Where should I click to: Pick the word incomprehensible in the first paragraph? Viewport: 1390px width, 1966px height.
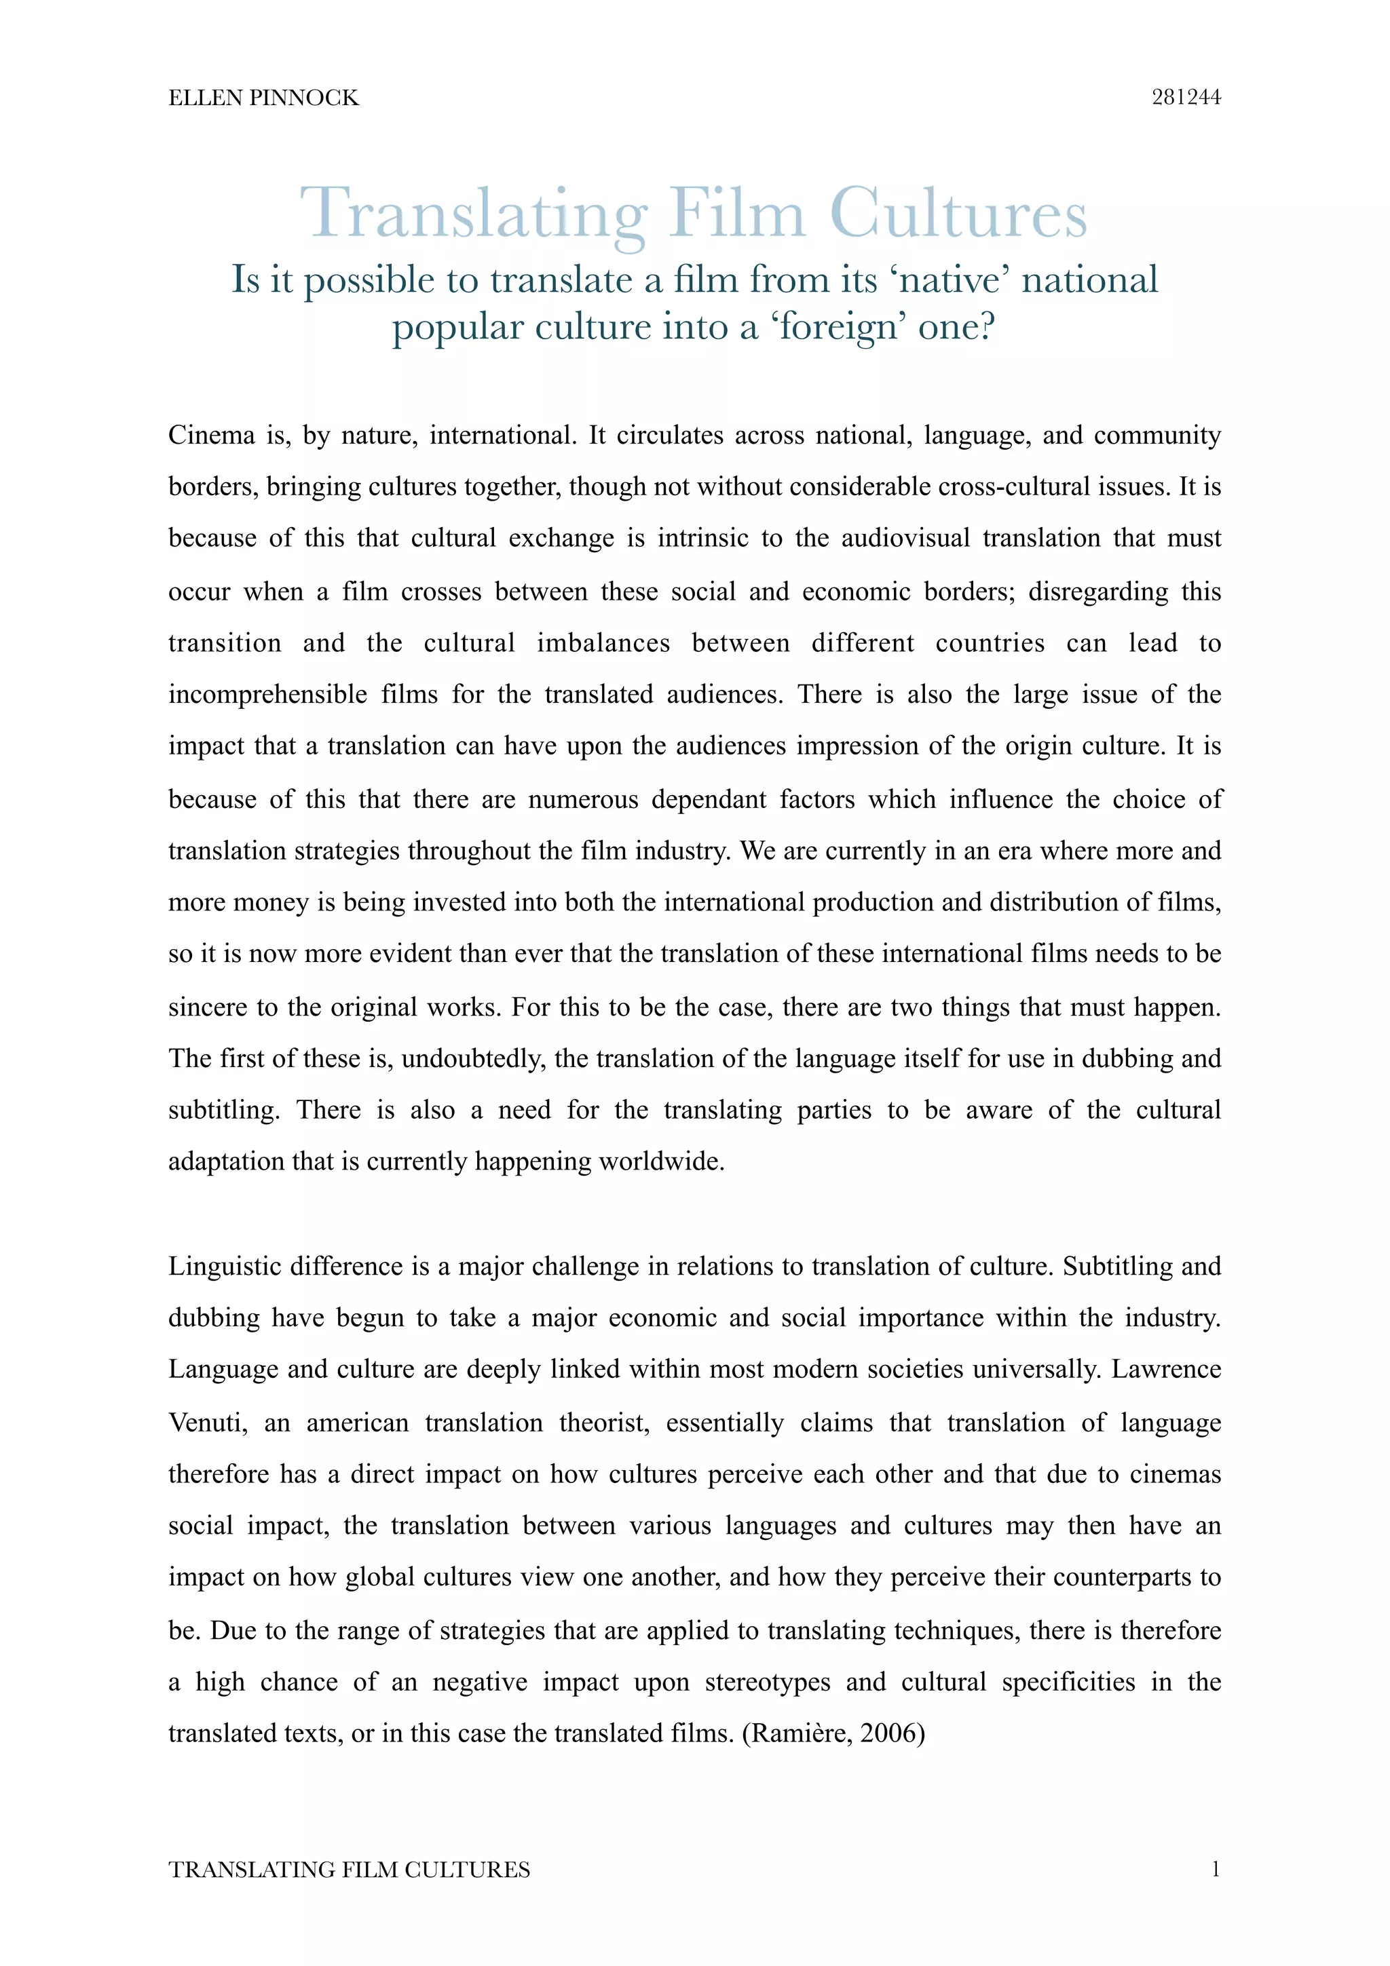pyautogui.click(x=268, y=695)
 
